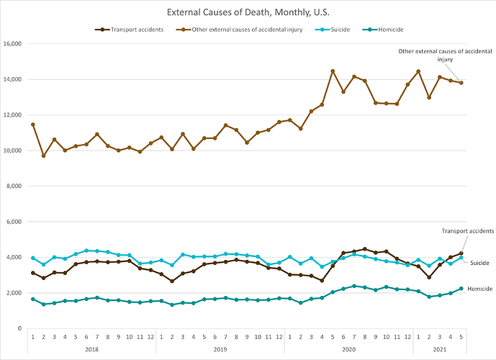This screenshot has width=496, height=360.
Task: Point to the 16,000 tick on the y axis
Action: [x=14, y=44]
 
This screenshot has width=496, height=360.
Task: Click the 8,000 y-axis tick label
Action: [x=15, y=186]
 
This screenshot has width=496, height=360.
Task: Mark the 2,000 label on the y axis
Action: [x=15, y=293]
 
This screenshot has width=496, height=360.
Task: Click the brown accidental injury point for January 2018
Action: [x=33, y=125]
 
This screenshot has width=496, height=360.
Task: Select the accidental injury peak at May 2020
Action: [x=333, y=71]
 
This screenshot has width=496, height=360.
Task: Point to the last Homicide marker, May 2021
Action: [x=461, y=289]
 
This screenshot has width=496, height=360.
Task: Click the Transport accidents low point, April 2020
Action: [x=322, y=280]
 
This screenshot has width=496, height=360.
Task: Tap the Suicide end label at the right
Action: [x=479, y=263]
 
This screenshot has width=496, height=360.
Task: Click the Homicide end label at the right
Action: [x=480, y=288]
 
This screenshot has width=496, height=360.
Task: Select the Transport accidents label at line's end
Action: [x=467, y=230]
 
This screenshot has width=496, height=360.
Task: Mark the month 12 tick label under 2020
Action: [x=407, y=336]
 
